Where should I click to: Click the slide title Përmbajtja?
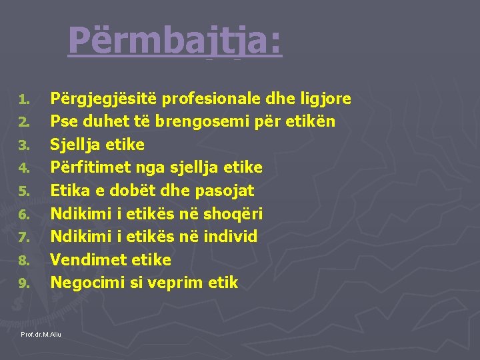(x=175, y=41)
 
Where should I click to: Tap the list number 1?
(x=23, y=100)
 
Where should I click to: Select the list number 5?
(x=23, y=192)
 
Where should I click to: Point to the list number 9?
(x=23, y=284)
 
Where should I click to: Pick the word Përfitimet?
(x=87, y=168)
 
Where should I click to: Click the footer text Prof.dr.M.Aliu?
(x=41, y=333)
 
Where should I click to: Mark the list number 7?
(x=23, y=238)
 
